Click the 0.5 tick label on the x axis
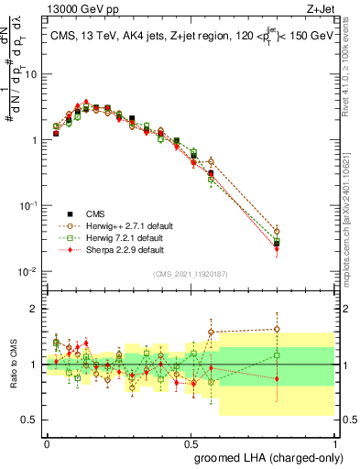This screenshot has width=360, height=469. pos(191,441)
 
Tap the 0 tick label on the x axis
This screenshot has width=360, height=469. pos(46,441)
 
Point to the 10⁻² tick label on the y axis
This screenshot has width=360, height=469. pos(27,272)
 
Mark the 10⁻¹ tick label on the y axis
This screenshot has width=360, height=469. pos(27,206)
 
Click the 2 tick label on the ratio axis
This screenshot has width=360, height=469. pos(34,309)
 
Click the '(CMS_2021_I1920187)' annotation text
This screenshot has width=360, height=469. pos(190,274)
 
